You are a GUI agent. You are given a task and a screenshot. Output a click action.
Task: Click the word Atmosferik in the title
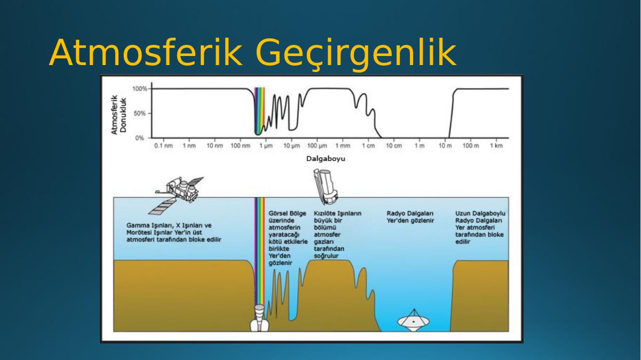click(x=146, y=53)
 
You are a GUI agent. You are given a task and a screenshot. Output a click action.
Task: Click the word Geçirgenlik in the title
click(x=355, y=54)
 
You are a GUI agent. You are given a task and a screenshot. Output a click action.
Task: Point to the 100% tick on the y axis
click(x=140, y=89)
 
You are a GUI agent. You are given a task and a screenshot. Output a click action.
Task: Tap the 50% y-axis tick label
click(x=140, y=114)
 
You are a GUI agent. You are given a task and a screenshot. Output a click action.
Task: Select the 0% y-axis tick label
click(x=140, y=138)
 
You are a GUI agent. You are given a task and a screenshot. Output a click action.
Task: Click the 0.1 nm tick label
click(x=163, y=146)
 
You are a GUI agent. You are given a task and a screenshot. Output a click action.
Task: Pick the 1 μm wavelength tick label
click(x=266, y=146)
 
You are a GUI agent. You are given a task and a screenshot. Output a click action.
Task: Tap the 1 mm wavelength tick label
click(x=343, y=146)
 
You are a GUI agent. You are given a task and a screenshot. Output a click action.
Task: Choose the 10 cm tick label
click(x=394, y=146)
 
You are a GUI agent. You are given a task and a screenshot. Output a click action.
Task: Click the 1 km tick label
click(x=496, y=146)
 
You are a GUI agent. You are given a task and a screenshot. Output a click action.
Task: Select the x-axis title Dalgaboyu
click(x=326, y=159)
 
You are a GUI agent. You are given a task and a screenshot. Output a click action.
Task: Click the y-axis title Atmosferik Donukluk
click(x=119, y=115)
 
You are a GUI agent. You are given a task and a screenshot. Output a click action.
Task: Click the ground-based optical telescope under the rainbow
click(x=259, y=318)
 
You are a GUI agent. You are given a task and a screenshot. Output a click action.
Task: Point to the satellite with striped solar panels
click(x=176, y=195)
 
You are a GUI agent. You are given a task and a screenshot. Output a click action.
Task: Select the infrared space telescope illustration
click(x=326, y=187)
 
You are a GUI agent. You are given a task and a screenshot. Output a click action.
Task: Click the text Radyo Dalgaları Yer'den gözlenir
click(x=410, y=217)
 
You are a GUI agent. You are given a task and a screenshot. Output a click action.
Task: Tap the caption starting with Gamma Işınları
click(x=173, y=233)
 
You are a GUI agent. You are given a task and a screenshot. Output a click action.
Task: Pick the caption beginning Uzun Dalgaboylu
click(x=480, y=228)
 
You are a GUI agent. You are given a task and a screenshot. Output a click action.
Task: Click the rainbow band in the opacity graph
click(x=259, y=111)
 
